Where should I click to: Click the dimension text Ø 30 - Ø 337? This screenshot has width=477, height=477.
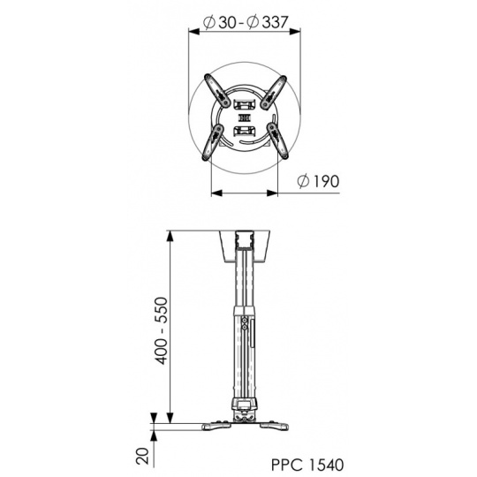[246, 22]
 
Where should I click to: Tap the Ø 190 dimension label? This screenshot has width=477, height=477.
[318, 181]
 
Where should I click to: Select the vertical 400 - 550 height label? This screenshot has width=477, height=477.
[162, 330]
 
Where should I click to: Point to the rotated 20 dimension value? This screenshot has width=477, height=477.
[143, 456]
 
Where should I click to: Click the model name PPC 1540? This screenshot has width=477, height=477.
[307, 465]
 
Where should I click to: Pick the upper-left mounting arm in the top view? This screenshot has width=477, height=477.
[217, 90]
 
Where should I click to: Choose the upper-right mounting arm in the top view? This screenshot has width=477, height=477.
[273, 92]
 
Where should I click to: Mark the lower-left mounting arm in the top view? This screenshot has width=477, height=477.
[213, 141]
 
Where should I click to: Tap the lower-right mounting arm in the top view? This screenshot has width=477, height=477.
[277, 140]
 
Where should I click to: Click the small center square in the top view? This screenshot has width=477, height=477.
[245, 117]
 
